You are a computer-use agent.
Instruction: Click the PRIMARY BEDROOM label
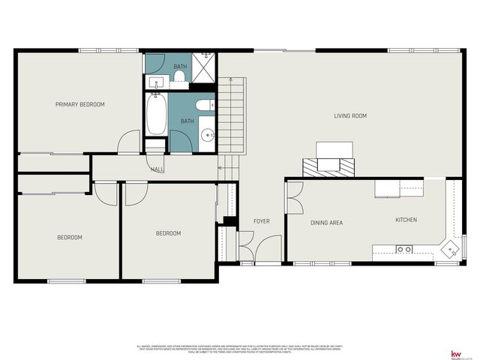[x=79, y=104]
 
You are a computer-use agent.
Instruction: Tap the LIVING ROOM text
[x=349, y=115]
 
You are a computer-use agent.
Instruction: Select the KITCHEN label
[x=406, y=220]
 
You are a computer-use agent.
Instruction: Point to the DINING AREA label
[x=326, y=223]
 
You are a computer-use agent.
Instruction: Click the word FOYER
[x=261, y=220]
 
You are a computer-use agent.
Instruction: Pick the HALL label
[x=157, y=169]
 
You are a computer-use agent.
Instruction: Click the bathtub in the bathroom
[x=157, y=115]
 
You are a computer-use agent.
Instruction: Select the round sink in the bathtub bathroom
[x=208, y=136]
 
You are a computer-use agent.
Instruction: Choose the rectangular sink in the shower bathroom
[x=156, y=82]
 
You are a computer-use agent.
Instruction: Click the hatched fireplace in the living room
[x=328, y=166]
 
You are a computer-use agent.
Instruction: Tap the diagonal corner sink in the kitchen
[x=451, y=247]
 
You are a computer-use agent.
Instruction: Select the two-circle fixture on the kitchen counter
[x=403, y=249]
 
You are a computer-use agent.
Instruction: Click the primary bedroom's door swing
[x=130, y=142]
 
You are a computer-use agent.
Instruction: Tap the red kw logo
[x=455, y=353]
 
